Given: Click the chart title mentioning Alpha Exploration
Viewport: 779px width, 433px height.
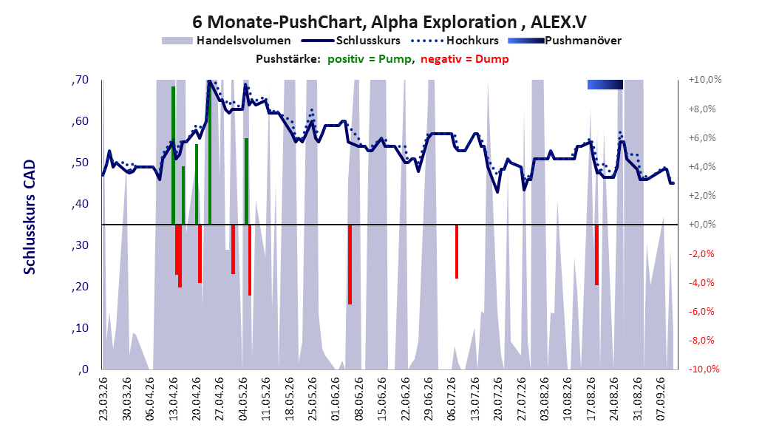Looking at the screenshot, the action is coord(389,22).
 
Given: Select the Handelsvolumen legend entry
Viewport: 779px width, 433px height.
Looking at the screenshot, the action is coord(227,41).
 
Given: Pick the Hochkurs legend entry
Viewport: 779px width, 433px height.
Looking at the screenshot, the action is coord(455,41).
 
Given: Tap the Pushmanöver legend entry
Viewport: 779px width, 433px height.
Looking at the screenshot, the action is coord(565,41).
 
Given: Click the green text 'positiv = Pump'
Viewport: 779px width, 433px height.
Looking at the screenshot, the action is coord(369,59).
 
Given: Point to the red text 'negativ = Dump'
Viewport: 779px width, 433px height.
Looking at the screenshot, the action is coord(465,59).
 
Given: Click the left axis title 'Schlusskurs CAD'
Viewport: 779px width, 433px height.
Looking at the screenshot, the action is coord(30,217).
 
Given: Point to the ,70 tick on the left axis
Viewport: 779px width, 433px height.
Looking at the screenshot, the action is coord(80,80).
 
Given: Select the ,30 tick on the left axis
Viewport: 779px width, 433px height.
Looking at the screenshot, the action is coord(80,245).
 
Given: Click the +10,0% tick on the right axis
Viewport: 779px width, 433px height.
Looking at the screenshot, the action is coord(705,80).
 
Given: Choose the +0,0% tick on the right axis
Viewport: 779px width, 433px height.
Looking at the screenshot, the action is coord(702,225).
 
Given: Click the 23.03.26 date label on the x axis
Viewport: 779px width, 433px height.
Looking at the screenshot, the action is coord(103,399).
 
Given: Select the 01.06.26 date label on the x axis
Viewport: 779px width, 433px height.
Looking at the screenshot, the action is coord(336,399).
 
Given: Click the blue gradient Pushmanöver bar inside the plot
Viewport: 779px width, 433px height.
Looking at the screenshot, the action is coord(605,84).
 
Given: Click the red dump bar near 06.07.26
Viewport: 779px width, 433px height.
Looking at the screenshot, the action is coord(457,252).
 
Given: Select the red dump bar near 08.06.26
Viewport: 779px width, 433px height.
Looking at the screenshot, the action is coord(350,265).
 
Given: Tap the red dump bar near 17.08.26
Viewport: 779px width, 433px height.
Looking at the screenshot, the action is coord(596,255).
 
